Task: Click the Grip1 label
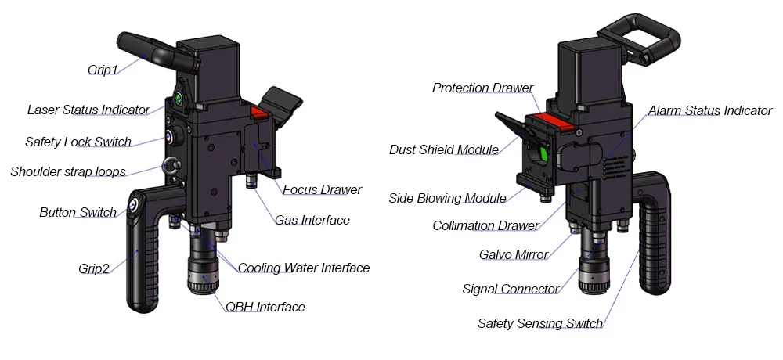(103, 70)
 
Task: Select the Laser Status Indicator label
(88, 110)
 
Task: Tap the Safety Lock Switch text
(78, 142)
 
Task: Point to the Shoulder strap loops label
(68, 171)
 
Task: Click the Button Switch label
(78, 212)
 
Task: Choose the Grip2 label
(94, 268)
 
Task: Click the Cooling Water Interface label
(304, 268)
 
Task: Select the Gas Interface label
(312, 220)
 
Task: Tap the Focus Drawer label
(322, 189)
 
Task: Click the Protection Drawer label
(482, 88)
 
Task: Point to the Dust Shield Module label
(444, 149)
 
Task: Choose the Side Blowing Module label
(447, 198)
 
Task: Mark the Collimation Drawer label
(485, 226)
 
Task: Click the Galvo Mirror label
(514, 254)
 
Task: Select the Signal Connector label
(511, 289)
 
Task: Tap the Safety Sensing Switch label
(540, 323)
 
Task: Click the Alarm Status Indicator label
(710, 110)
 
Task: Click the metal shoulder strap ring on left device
(170, 165)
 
